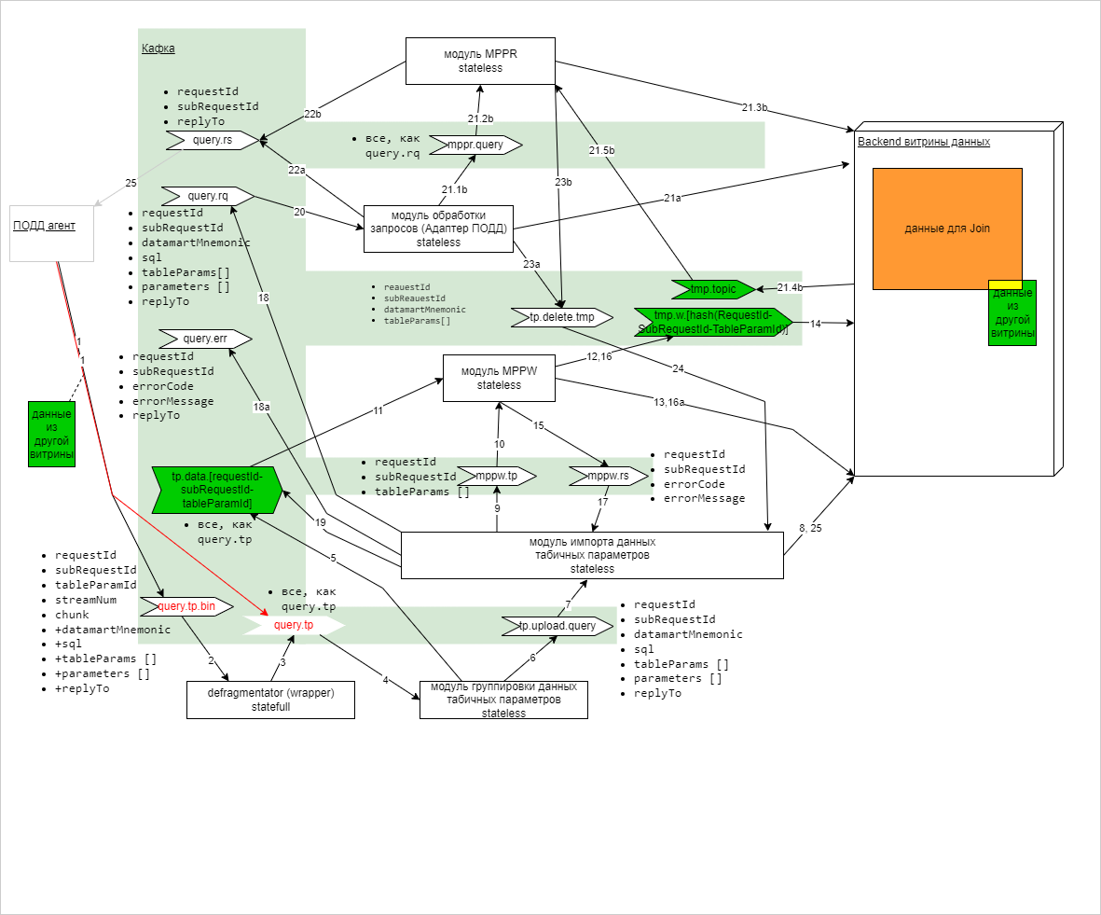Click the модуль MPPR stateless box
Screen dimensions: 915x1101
(480, 61)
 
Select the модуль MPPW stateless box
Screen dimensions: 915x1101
(499, 378)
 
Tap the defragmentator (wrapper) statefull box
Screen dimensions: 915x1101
(270, 700)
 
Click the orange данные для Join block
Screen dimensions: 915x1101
(947, 229)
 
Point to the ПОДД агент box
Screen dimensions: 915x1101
(51, 233)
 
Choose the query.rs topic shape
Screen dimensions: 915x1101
(213, 140)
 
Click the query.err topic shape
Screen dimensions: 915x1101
(205, 338)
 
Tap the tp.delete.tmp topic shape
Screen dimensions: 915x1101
(562, 317)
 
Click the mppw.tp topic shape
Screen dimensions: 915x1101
(497, 477)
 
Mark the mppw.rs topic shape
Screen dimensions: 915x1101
(608, 477)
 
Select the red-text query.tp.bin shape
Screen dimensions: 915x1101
(186, 606)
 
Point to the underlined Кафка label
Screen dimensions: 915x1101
(158, 49)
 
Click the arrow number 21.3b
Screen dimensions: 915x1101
(754, 108)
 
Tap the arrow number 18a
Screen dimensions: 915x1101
(262, 407)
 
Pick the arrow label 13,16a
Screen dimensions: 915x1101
(668, 402)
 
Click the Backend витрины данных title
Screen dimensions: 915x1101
(923, 142)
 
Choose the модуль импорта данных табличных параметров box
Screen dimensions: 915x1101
(592, 555)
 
